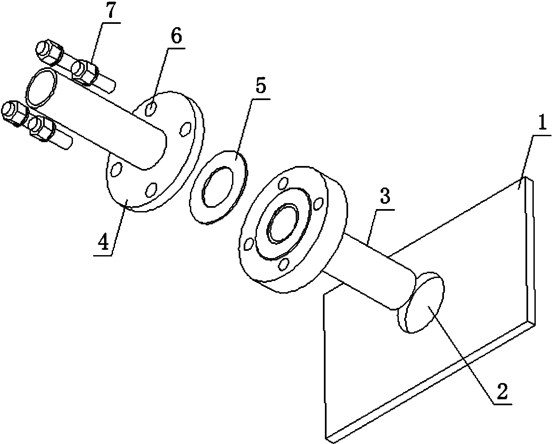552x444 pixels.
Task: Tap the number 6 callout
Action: point(176,38)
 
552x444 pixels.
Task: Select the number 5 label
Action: point(260,87)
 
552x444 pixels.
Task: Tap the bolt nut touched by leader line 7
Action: point(85,73)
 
